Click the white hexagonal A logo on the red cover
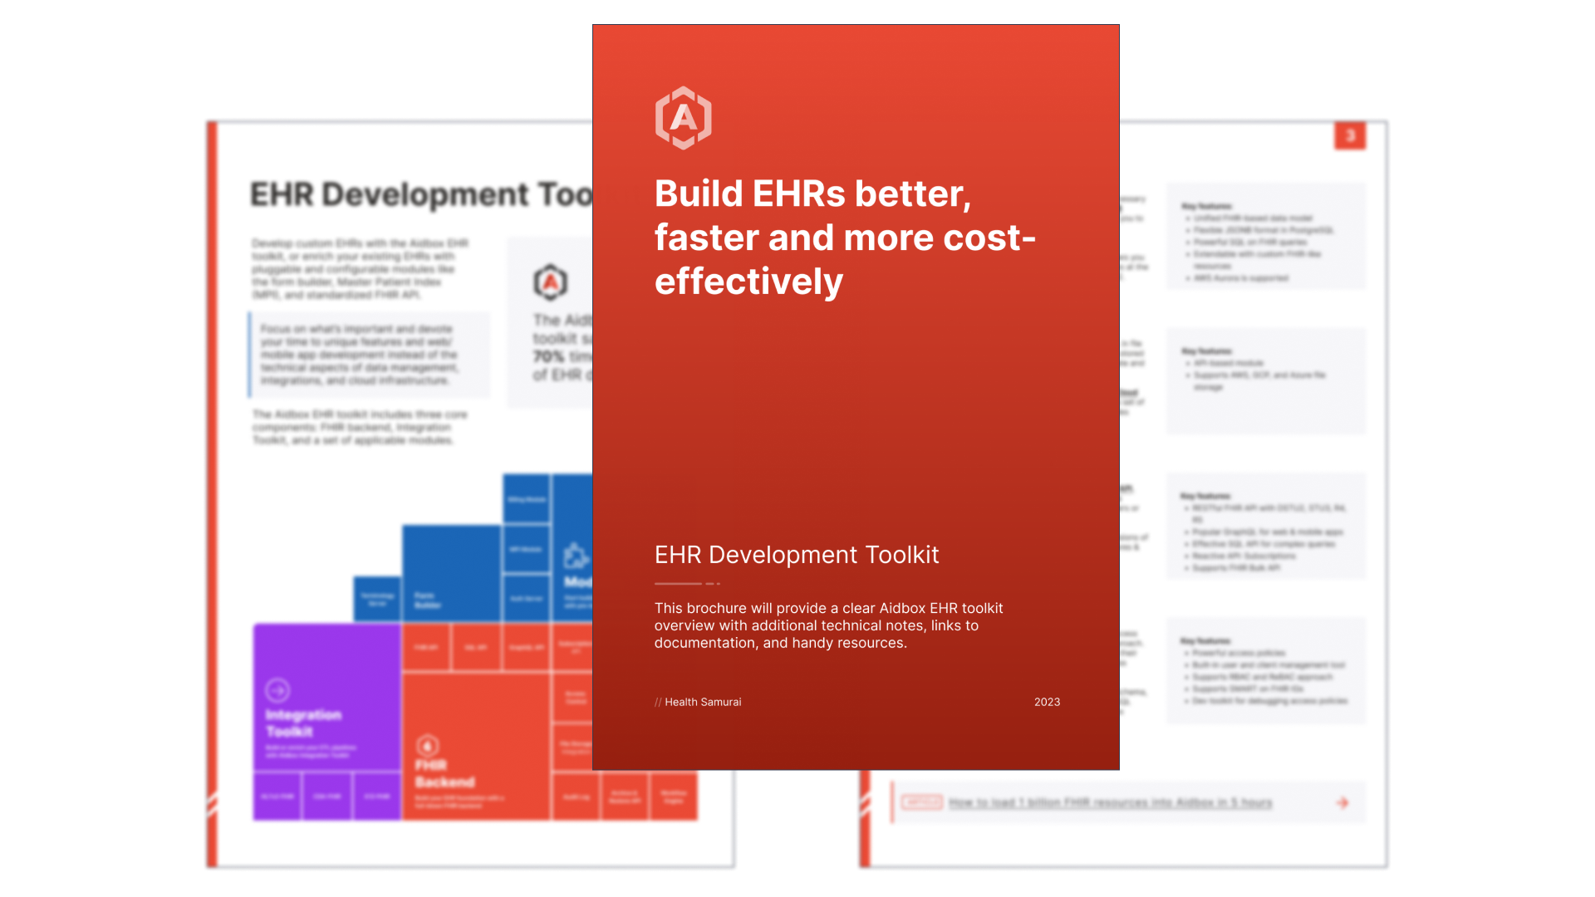pyautogui.click(x=683, y=118)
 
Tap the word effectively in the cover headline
pyautogui.click(x=748, y=282)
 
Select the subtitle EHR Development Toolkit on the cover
pyautogui.click(x=796, y=555)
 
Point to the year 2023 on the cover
pyautogui.click(x=1047, y=702)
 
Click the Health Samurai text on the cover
pyautogui.click(x=702, y=702)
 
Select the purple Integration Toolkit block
pyautogui.click(x=326, y=698)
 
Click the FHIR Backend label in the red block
pyautogui.click(x=444, y=773)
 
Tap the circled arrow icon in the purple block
pyautogui.click(x=277, y=689)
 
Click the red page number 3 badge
pyautogui.click(x=1350, y=135)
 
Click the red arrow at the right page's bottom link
pyautogui.click(x=1342, y=802)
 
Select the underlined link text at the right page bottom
pyautogui.click(x=1110, y=802)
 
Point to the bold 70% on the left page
pyautogui.click(x=548, y=356)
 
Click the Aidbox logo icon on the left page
pyautogui.click(x=550, y=282)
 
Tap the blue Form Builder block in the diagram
pyautogui.click(x=450, y=573)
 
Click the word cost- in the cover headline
pyautogui.click(x=989, y=238)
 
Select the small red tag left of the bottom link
pyautogui.click(x=921, y=802)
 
